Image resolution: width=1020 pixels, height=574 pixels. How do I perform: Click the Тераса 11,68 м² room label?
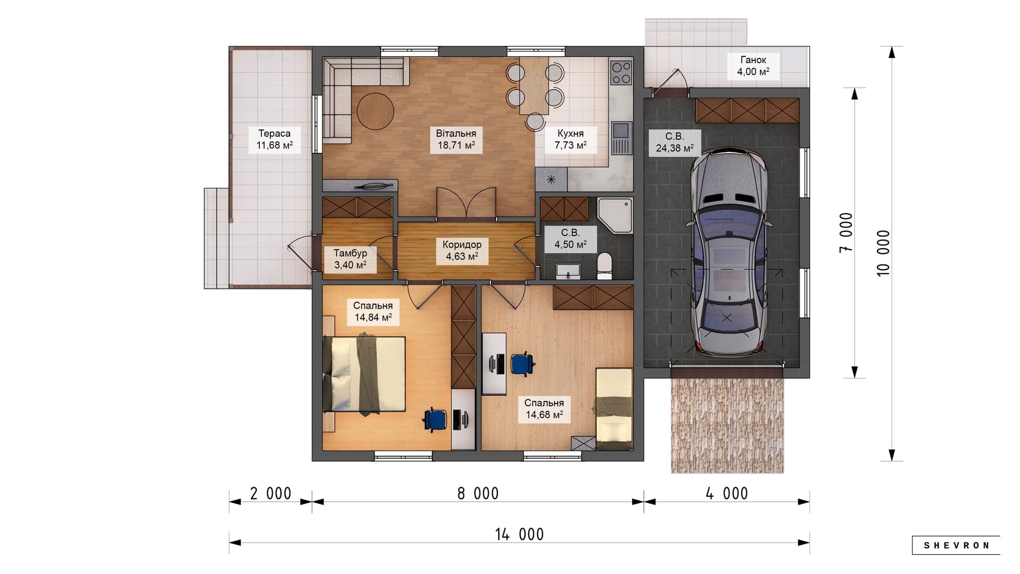click(275, 139)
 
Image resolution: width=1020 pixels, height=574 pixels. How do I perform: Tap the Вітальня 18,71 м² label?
click(456, 139)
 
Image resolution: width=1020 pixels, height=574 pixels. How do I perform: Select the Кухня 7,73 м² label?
click(571, 139)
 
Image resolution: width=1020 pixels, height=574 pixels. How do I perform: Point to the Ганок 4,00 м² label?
click(753, 66)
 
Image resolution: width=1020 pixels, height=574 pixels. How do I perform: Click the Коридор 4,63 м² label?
click(462, 250)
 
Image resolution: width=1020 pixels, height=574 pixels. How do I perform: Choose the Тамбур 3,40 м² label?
click(350, 259)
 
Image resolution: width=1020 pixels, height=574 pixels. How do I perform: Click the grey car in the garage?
click(728, 252)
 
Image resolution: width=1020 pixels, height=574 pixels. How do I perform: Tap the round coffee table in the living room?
click(375, 112)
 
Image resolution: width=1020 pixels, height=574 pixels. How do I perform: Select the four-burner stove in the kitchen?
click(620, 73)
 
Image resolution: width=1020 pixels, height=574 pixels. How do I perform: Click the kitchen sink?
click(620, 138)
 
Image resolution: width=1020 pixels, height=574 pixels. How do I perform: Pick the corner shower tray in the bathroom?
click(615, 216)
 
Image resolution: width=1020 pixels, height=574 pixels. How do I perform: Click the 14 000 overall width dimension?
click(520, 534)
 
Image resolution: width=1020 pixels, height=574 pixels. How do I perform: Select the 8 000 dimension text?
click(478, 493)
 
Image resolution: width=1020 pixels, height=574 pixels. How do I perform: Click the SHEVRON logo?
click(956, 545)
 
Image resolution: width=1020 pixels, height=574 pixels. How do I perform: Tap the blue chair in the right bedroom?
click(522, 364)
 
